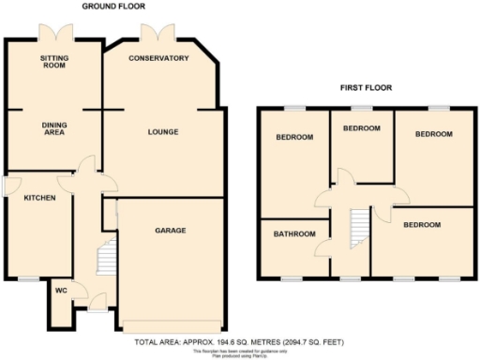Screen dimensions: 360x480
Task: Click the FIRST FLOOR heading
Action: (x=366, y=88)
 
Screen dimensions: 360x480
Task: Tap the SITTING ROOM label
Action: (x=53, y=62)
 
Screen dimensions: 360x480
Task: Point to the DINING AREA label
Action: (x=53, y=128)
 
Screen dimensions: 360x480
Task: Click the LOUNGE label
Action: (x=162, y=131)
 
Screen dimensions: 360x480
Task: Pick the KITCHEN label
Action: (x=39, y=199)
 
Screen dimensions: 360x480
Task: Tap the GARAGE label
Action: (x=170, y=230)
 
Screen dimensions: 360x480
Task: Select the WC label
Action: (x=61, y=290)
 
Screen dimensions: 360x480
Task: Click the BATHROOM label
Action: (x=294, y=233)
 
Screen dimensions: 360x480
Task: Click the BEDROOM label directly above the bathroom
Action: (x=294, y=138)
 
